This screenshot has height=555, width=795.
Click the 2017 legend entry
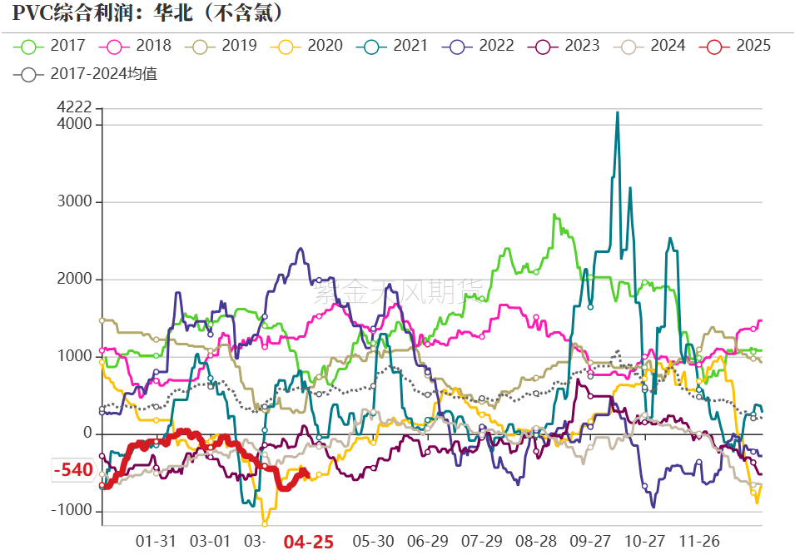click(x=59, y=46)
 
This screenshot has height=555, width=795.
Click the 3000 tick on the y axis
click(x=75, y=202)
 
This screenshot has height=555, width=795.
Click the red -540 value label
click(x=73, y=470)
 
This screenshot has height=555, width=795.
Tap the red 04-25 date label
click(x=309, y=542)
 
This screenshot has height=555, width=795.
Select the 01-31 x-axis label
click(x=157, y=542)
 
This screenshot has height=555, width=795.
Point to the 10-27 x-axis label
click(x=645, y=542)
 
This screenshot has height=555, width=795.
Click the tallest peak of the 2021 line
click(x=617, y=112)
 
